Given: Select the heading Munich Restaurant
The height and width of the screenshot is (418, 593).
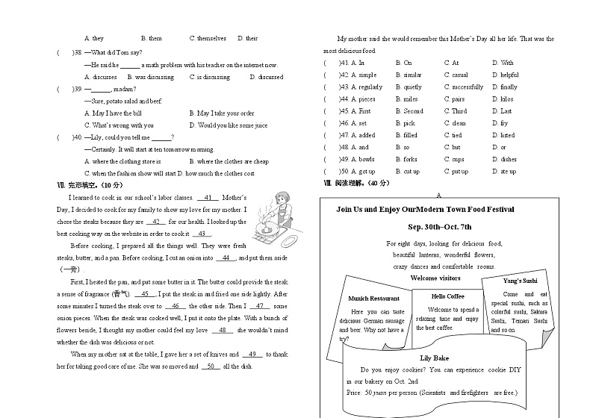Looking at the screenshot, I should [x=373, y=299].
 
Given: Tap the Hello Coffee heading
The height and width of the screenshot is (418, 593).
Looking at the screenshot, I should [x=447, y=296].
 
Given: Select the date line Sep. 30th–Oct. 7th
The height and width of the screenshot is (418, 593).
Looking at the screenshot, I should [x=439, y=226].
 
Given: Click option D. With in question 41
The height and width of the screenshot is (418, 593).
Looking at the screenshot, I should [x=506, y=63].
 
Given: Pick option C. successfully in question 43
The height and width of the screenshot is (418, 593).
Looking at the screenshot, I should [x=463, y=87].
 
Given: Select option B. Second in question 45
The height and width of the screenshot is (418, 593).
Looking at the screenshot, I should [x=409, y=111].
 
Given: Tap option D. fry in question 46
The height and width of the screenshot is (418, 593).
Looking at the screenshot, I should [x=503, y=123].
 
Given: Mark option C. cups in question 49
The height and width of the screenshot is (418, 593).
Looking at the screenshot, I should [x=454, y=160].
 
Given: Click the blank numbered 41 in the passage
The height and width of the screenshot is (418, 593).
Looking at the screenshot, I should [x=208, y=198].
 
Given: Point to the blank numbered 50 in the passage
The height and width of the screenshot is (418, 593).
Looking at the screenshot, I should [x=211, y=366].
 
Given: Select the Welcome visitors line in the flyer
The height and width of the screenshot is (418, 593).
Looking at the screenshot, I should [x=435, y=278].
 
